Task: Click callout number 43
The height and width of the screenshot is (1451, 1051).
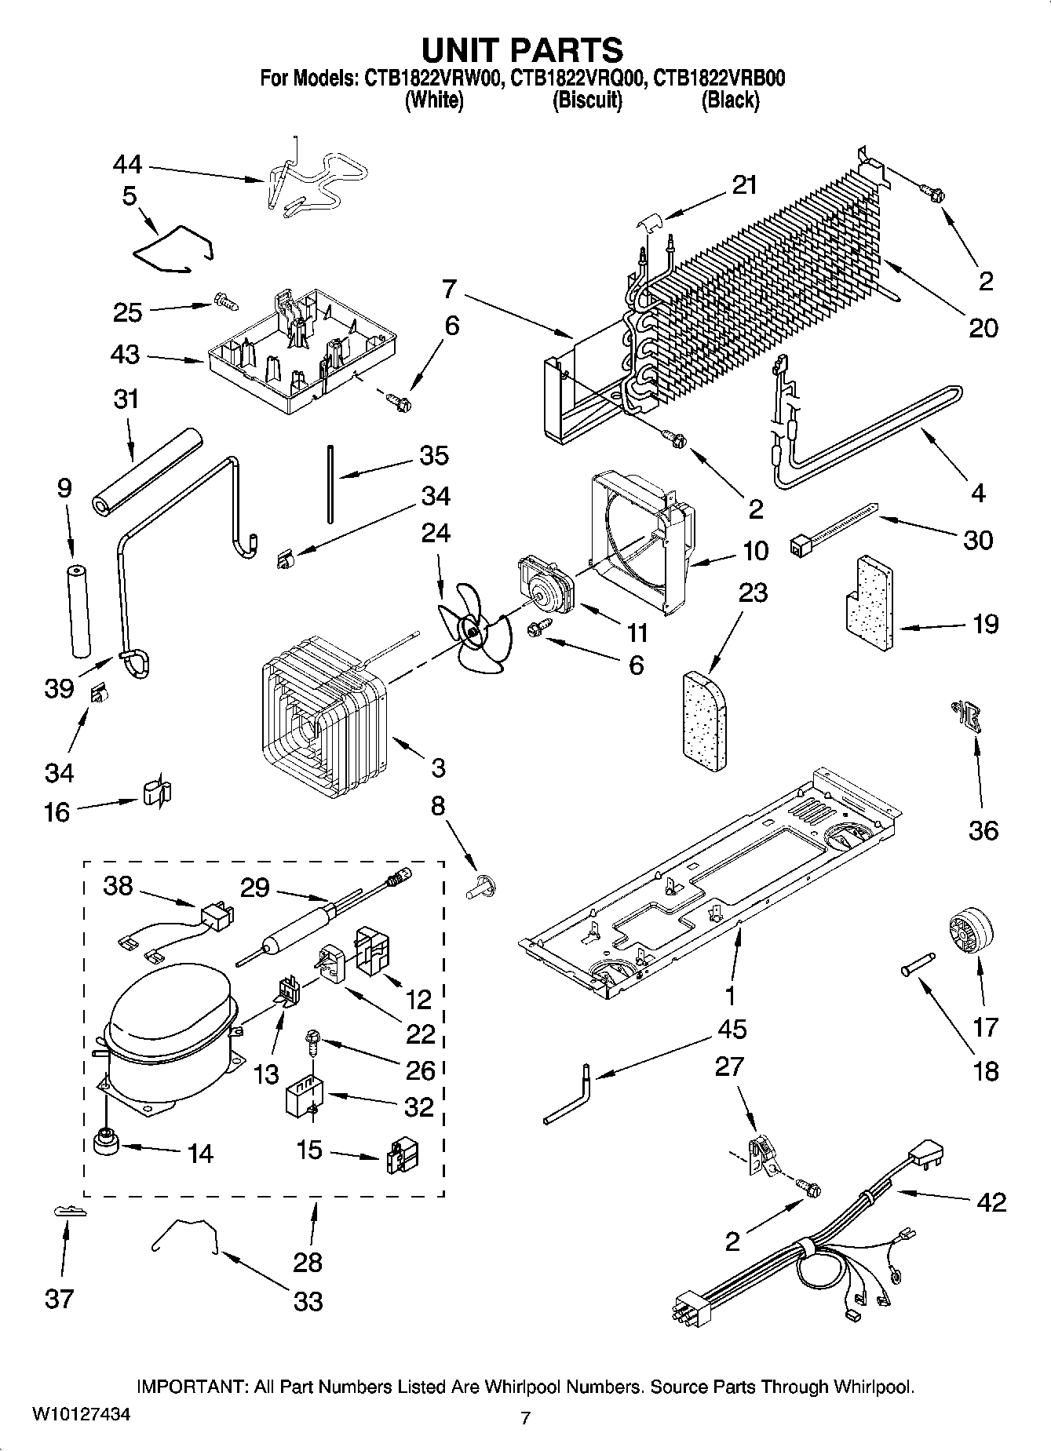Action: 126,355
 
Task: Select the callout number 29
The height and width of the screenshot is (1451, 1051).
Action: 255,888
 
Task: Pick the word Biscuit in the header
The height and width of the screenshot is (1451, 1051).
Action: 587,100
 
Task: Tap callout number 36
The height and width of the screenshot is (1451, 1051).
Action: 983,830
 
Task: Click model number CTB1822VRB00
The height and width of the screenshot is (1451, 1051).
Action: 720,78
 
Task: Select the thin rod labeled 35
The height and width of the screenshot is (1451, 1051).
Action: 331,483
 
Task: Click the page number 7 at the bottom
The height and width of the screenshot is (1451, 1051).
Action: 525,1416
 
